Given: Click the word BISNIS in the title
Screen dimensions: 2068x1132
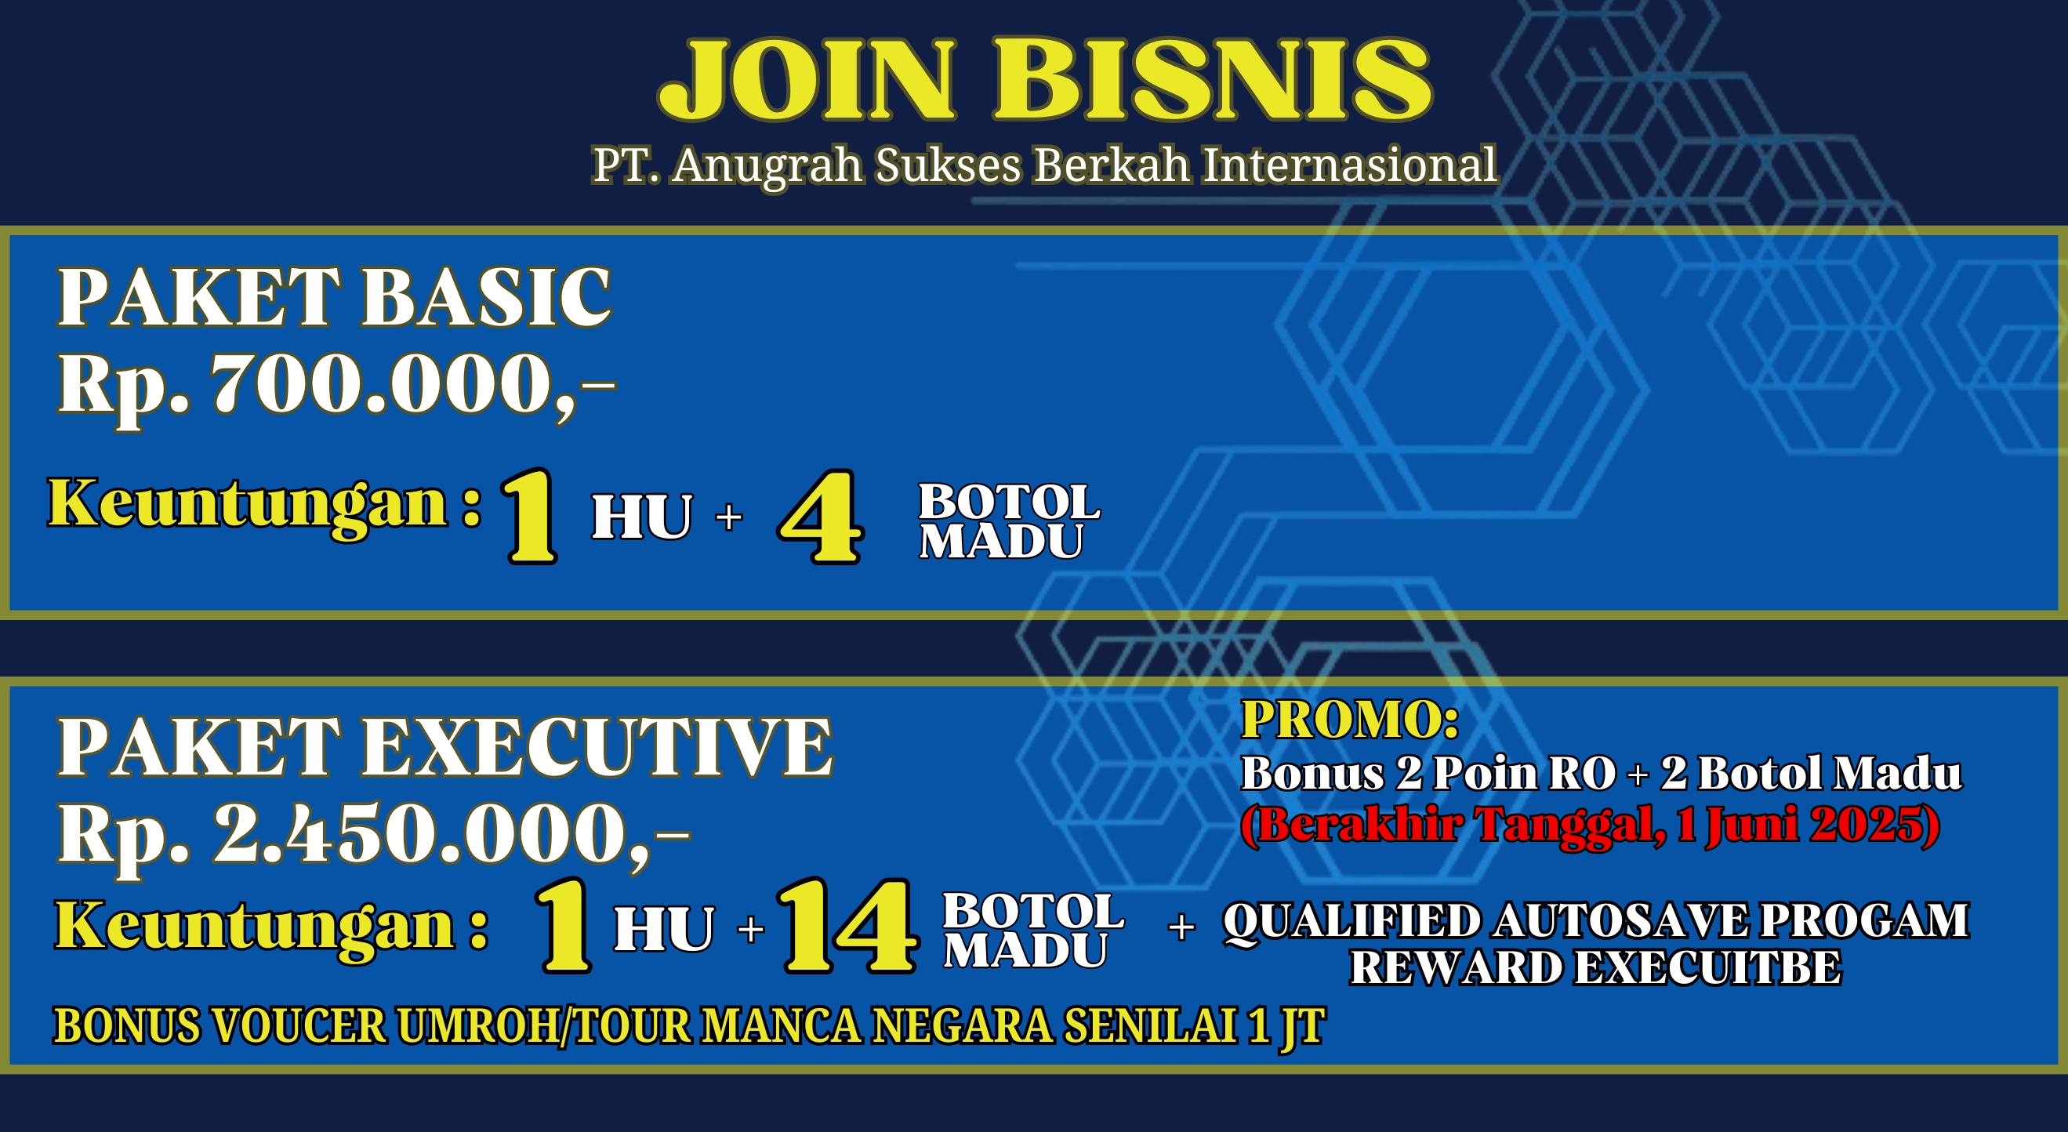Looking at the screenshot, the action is [1212, 79].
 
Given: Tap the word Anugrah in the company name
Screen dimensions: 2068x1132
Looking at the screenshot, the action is [767, 167].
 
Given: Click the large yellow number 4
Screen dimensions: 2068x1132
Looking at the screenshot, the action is [820, 517].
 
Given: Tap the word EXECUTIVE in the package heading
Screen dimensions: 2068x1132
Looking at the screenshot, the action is [597, 747].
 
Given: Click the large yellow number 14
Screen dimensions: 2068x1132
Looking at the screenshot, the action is [847, 925].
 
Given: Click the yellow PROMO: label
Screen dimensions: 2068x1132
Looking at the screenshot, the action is [1350, 720].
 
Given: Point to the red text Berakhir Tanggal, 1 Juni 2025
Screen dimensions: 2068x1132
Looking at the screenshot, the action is [1591, 825].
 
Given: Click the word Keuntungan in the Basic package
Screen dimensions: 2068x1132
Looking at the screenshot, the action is [248, 504].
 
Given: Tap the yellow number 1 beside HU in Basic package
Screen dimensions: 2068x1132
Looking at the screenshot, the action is [531, 517].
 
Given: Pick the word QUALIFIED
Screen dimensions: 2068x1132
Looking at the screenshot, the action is [1352, 922].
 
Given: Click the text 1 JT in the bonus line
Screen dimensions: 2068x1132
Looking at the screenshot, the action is [1286, 1027].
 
